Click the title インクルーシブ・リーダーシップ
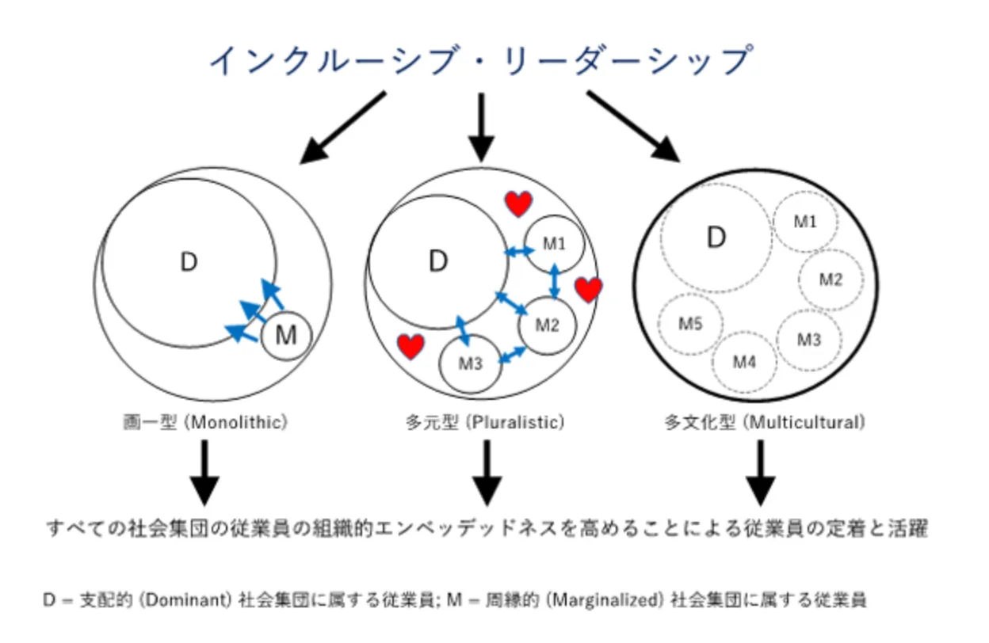coord(480,60)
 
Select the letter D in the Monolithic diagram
coord(189,262)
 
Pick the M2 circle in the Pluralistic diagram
coord(548,325)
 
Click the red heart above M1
coord(519,204)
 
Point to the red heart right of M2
coord(588,290)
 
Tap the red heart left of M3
coord(410,346)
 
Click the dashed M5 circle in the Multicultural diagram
coord(691,323)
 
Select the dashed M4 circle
coord(744,362)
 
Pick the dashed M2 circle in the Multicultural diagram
coord(831,280)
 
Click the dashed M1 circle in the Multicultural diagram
coord(805,223)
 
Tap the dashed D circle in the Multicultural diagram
coord(716,238)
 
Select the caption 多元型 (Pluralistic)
coord(484,423)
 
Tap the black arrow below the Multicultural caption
coord(761,473)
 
